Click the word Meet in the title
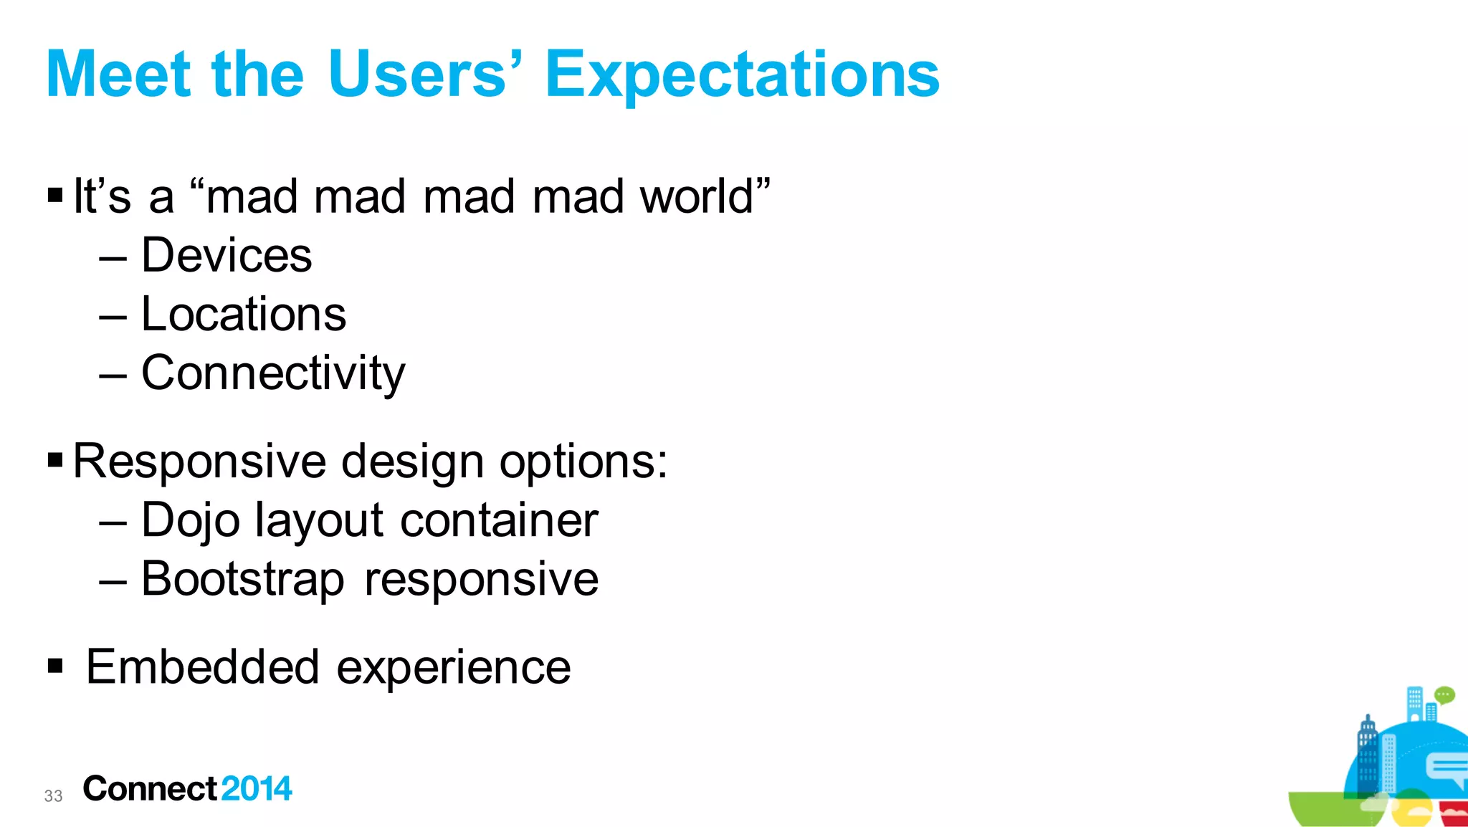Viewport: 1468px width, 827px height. (x=118, y=75)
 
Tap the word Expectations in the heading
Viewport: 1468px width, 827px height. (x=742, y=76)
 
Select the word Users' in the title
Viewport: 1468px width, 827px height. (x=423, y=75)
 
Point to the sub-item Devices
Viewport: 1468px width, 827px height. (x=227, y=256)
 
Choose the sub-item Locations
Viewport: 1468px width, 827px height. (x=244, y=315)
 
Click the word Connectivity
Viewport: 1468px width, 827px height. (x=273, y=373)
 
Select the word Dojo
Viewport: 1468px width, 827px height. (x=190, y=521)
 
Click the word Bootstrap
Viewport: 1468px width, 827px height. (x=242, y=580)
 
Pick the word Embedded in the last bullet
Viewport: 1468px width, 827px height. (x=202, y=667)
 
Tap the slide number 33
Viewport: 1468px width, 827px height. (x=53, y=796)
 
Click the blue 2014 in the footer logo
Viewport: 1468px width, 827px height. (x=257, y=789)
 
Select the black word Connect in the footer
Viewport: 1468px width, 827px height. (x=149, y=789)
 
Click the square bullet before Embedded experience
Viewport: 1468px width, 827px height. (x=55, y=666)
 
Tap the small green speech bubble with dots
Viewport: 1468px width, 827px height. (x=1444, y=695)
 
